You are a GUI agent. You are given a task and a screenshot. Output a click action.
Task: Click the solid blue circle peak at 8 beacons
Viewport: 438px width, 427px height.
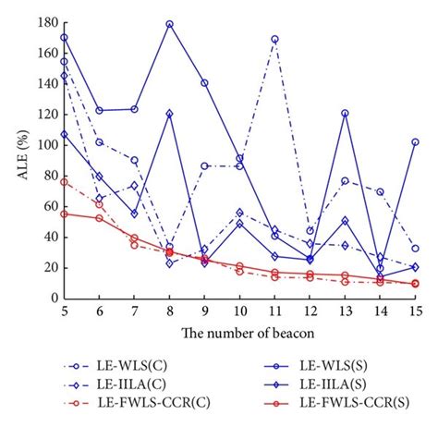click(169, 24)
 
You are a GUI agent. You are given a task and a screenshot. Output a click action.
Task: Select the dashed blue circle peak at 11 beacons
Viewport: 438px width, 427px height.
click(274, 39)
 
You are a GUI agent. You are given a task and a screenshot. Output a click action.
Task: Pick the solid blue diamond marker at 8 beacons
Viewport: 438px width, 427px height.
click(169, 114)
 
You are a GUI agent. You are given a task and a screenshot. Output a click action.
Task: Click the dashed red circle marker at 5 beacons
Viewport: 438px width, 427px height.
click(64, 181)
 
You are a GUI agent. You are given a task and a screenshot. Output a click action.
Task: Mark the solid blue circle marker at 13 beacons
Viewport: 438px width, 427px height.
click(345, 113)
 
